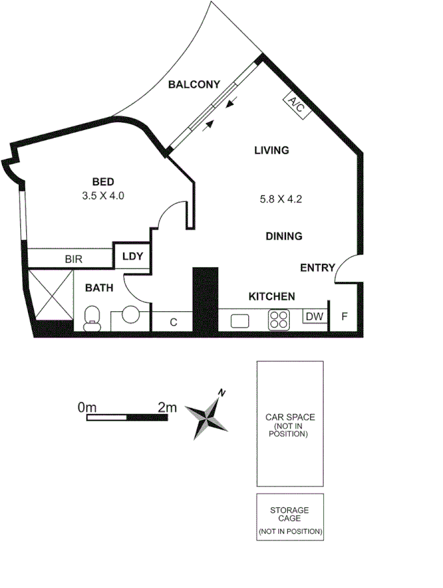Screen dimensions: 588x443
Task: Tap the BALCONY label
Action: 193,84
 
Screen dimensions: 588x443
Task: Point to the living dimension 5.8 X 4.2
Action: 281,200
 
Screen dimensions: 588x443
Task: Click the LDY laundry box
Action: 132,257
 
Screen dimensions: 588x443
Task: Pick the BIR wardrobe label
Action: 74,259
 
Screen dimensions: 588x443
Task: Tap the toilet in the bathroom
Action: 93,318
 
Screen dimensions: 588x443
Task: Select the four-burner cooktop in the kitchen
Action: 279,320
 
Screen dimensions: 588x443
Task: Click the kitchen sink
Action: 238,320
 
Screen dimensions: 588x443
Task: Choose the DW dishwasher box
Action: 315,316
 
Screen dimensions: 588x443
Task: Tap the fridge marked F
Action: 345,317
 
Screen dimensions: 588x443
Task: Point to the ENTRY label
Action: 317,268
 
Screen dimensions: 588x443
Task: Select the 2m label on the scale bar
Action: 167,407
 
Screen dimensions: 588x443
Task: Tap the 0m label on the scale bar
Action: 87,407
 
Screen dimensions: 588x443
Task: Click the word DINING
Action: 283,236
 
